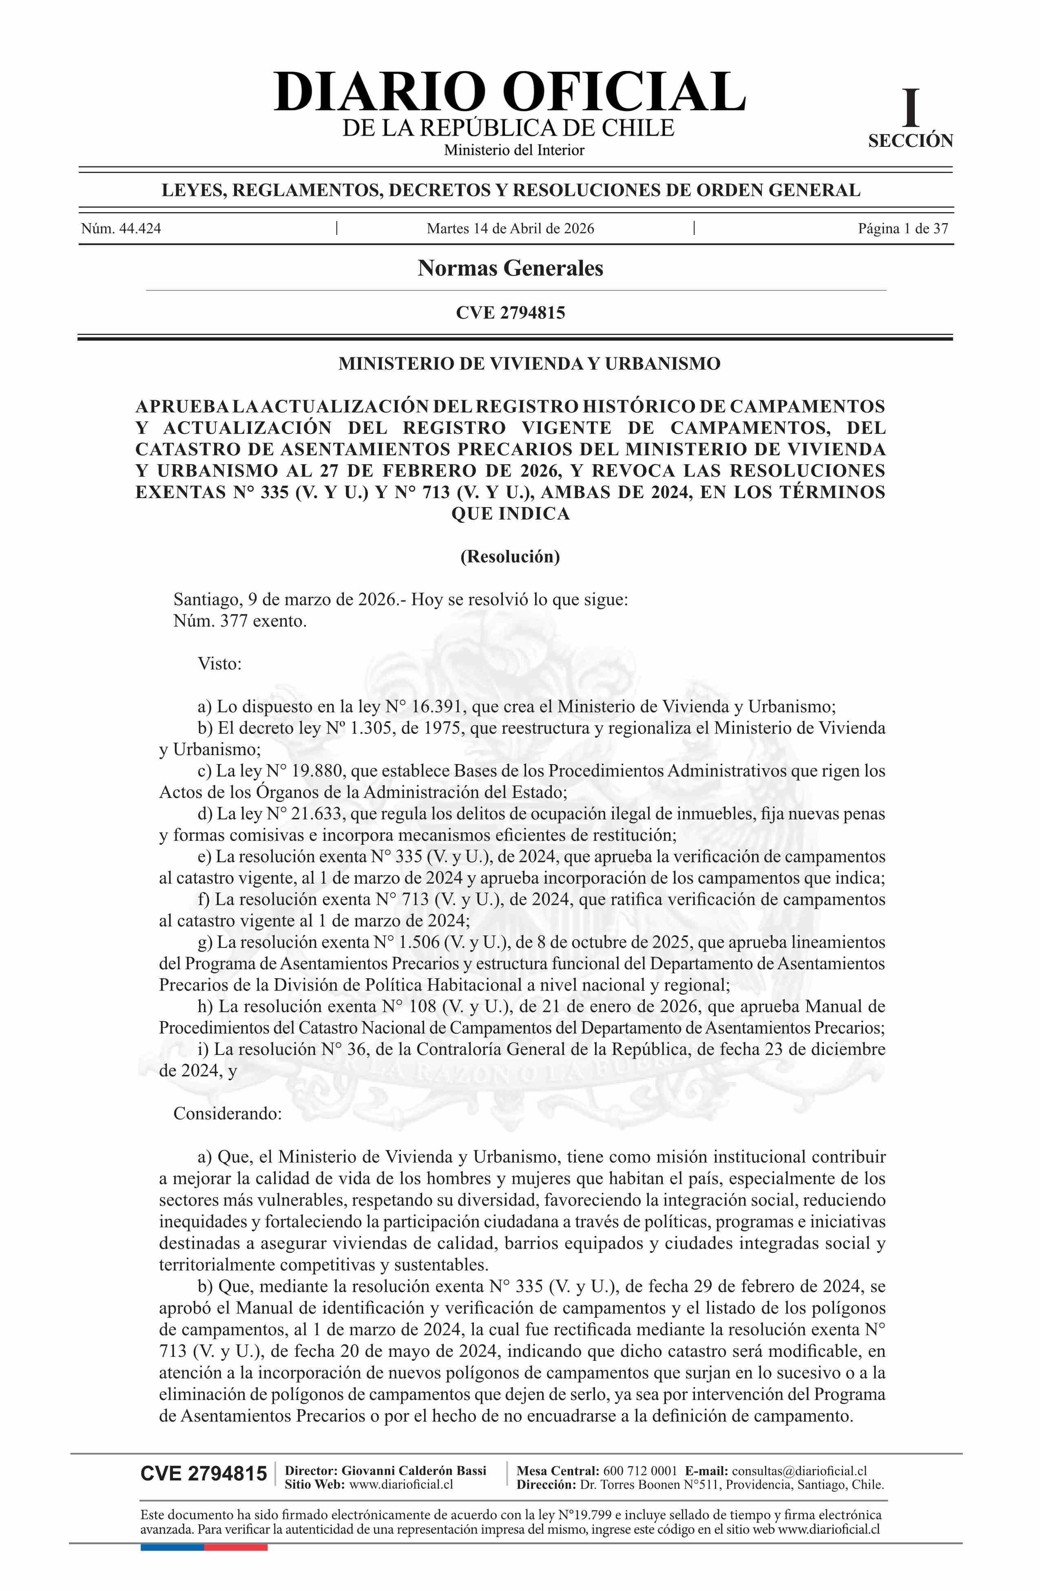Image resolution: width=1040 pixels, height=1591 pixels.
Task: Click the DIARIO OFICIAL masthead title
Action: click(509, 91)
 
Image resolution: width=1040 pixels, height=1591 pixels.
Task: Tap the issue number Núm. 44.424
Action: click(121, 228)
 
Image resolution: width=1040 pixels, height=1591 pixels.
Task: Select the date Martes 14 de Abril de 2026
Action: click(510, 228)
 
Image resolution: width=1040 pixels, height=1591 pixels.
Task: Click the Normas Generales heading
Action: click(510, 268)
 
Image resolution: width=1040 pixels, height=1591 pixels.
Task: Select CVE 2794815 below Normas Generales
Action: click(510, 312)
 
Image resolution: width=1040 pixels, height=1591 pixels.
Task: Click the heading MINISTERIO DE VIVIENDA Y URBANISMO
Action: click(529, 363)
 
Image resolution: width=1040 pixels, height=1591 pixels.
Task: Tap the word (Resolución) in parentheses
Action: click(510, 556)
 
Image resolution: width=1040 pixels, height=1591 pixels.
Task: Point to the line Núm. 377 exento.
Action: click(240, 621)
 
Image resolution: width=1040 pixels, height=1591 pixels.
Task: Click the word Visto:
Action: click(219, 664)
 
